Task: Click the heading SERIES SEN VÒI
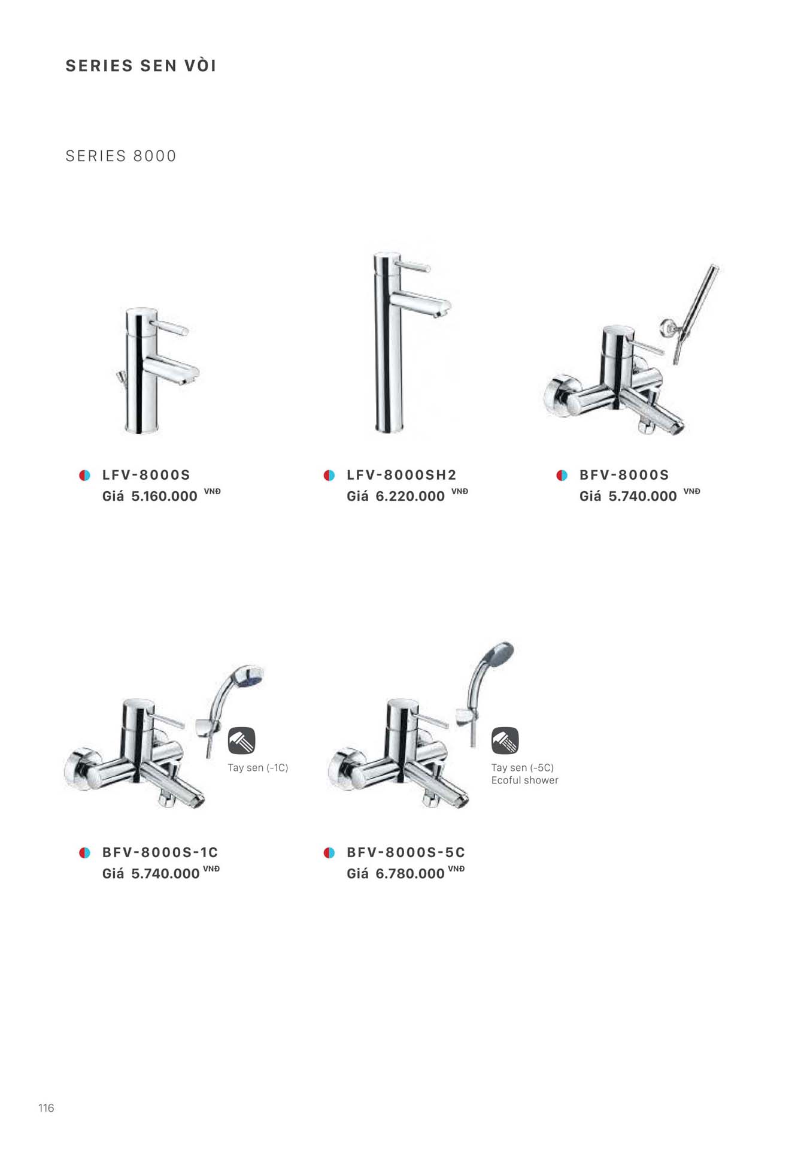pyautogui.click(x=141, y=65)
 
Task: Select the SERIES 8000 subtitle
pyautogui.click(x=121, y=156)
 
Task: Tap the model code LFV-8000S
pyautogui.click(x=146, y=475)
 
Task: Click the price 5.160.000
pyautogui.click(x=164, y=497)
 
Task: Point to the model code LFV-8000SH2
pyautogui.click(x=402, y=475)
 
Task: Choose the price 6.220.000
pyautogui.click(x=410, y=497)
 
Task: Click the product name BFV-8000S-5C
pyautogui.click(x=406, y=852)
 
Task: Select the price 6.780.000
pyautogui.click(x=410, y=874)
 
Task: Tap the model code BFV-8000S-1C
pyautogui.click(x=160, y=852)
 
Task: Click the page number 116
pyautogui.click(x=46, y=1108)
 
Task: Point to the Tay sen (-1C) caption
pyautogui.click(x=258, y=768)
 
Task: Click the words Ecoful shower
pyautogui.click(x=525, y=780)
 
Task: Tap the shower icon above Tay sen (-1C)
pyautogui.click(x=242, y=741)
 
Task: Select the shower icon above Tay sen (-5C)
pyautogui.click(x=505, y=741)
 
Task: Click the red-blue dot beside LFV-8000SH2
pyautogui.click(x=329, y=476)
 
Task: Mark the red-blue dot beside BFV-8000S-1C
pyautogui.click(x=85, y=853)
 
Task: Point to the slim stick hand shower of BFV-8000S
pyautogui.click(x=697, y=311)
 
